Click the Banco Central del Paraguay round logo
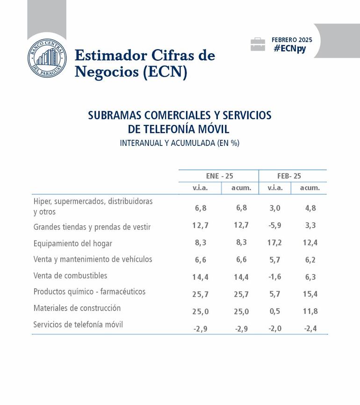tap(47, 58)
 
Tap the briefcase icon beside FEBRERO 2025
tap(258, 44)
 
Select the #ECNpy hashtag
tap(290, 49)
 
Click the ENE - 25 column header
tap(219, 176)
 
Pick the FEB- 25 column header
tap(289, 176)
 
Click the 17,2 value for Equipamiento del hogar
tap(274, 243)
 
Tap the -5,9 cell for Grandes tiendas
tap(274, 225)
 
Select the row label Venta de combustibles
tap(70, 275)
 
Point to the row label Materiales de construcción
tap(77, 308)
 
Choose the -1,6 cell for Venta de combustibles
tap(274, 276)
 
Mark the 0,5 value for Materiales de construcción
tap(274, 311)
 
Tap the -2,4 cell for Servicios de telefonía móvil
tap(310, 328)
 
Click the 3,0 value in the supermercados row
tap(274, 208)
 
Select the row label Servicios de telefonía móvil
tap(78, 324)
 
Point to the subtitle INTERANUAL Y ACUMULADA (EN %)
tap(180, 143)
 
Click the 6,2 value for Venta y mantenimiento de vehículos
tap(310, 260)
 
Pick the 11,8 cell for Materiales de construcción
tap(310, 311)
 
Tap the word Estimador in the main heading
tap(110, 56)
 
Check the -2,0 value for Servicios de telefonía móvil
tap(274, 328)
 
